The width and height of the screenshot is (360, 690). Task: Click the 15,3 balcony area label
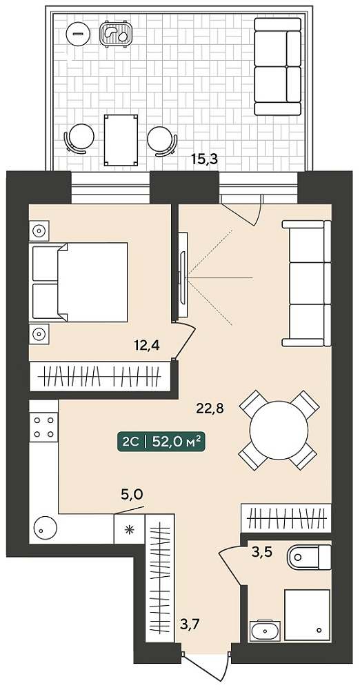click(205, 159)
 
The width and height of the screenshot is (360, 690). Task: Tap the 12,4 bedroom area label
click(147, 344)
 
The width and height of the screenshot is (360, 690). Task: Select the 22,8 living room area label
click(210, 408)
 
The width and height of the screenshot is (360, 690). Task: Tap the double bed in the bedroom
click(79, 282)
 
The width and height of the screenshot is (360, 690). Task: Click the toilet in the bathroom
click(309, 558)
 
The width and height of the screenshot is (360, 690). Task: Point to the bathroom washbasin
click(266, 631)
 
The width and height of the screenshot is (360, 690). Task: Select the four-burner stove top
click(43, 427)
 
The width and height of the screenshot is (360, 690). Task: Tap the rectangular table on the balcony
click(121, 140)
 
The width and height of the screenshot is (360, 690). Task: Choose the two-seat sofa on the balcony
click(278, 66)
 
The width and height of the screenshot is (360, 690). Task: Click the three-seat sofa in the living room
click(307, 284)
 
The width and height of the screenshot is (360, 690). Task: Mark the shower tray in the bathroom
click(307, 615)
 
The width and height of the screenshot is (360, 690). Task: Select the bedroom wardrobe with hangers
click(100, 376)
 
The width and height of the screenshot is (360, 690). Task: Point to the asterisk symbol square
click(129, 529)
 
